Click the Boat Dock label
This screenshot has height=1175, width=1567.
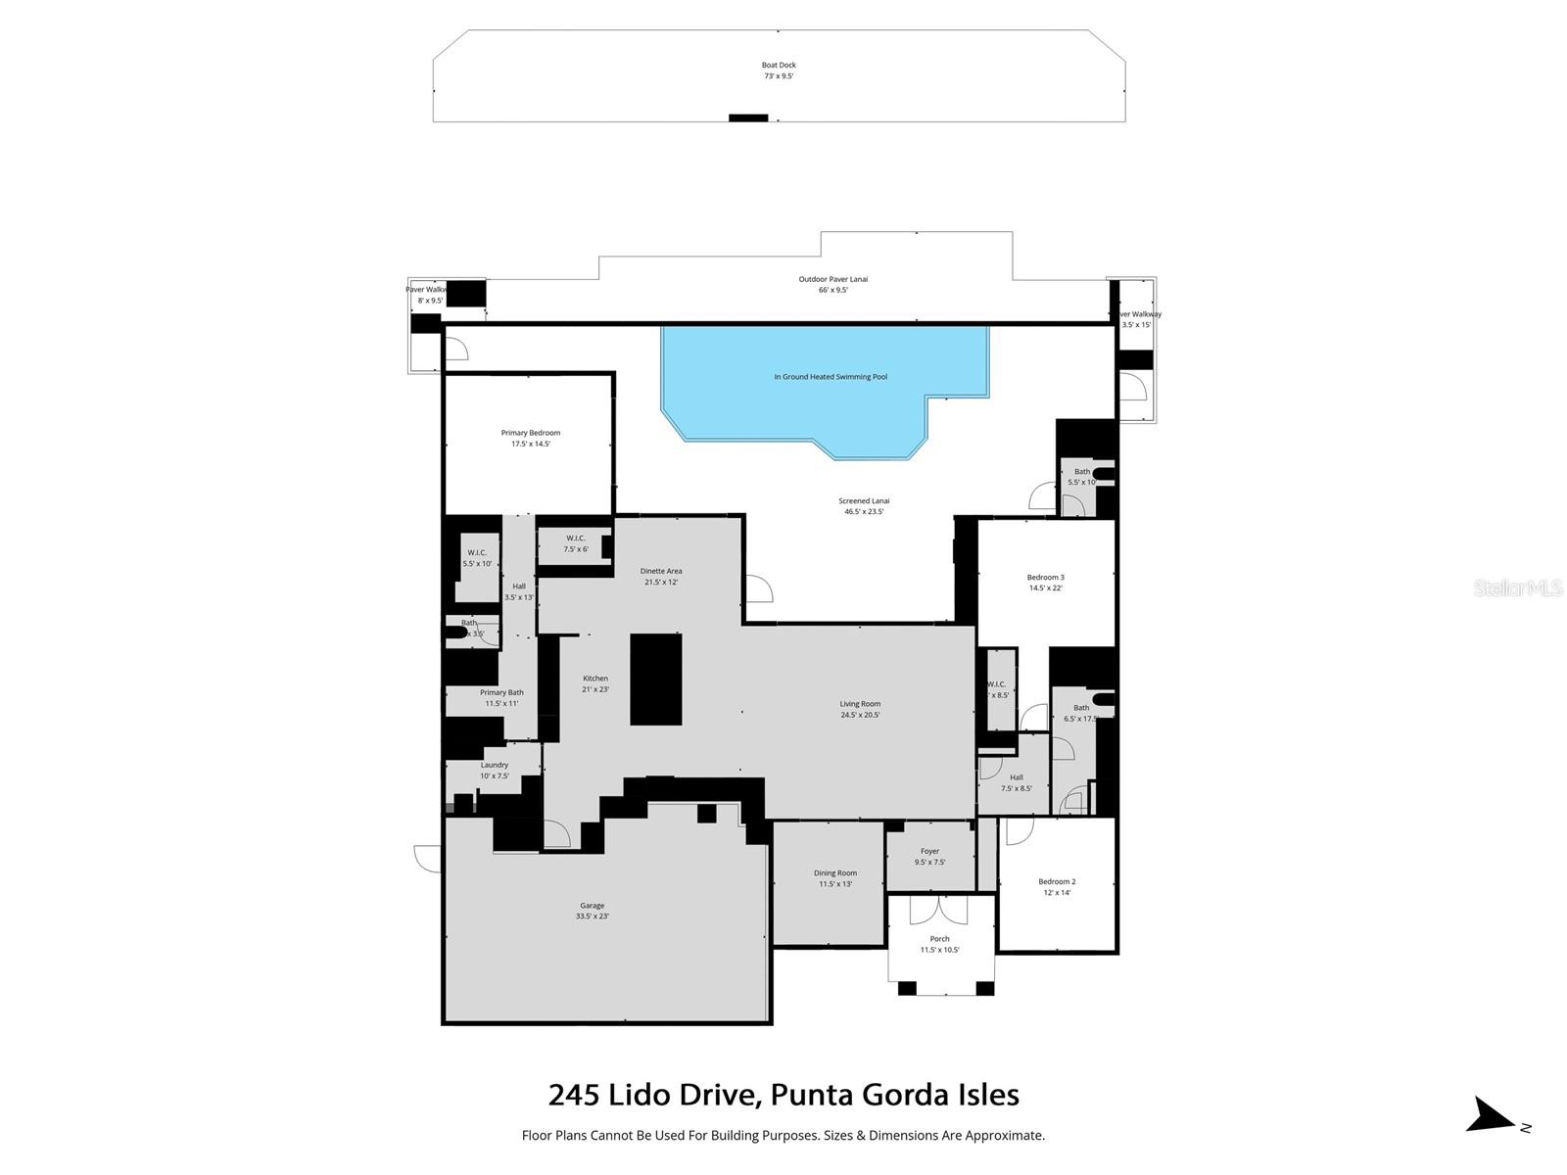click(x=779, y=70)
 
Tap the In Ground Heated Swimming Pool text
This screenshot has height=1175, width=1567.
click(x=831, y=377)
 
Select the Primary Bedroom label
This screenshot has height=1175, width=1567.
click(x=531, y=438)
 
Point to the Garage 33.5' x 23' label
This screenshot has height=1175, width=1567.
click(x=592, y=911)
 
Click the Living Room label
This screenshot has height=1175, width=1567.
click(x=860, y=709)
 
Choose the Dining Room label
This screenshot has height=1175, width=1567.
click(x=835, y=878)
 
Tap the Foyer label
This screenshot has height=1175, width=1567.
click(x=929, y=857)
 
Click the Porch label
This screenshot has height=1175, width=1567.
click(x=939, y=944)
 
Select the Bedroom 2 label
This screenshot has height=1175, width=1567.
click(x=1057, y=886)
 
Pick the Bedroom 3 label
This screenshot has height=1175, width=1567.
click(x=1045, y=583)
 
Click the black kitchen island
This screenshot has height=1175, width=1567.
click(x=655, y=679)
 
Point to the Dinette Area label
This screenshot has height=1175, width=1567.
click(x=661, y=576)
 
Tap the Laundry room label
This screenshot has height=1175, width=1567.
click(x=495, y=770)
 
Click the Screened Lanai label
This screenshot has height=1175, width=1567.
click(x=864, y=505)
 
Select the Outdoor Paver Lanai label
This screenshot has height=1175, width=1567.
click(x=832, y=284)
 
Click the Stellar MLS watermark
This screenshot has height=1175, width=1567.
click(x=1518, y=587)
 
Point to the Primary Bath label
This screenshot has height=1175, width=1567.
click(x=501, y=697)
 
